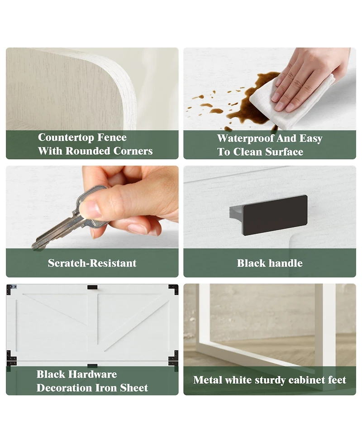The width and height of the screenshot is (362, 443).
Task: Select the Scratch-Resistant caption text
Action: (92, 263)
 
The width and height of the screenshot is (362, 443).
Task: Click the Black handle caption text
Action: (270, 263)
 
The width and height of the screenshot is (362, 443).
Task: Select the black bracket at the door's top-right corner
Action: (173, 289)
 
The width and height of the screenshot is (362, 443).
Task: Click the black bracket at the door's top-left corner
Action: (12, 289)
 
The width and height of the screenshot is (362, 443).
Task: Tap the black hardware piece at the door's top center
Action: (92, 287)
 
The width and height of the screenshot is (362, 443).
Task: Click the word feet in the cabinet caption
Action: (337, 380)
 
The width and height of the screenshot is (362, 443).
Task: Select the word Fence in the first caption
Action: (113, 137)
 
